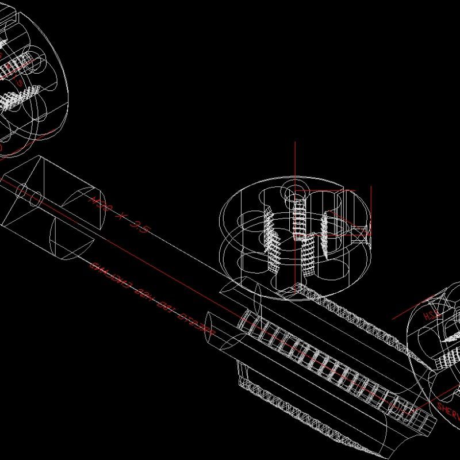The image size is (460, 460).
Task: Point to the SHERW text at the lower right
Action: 449,412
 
